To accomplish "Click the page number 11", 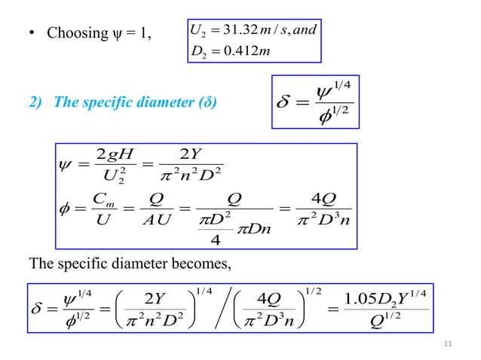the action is coord(449,344).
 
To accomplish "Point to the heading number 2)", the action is coord(35,102).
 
